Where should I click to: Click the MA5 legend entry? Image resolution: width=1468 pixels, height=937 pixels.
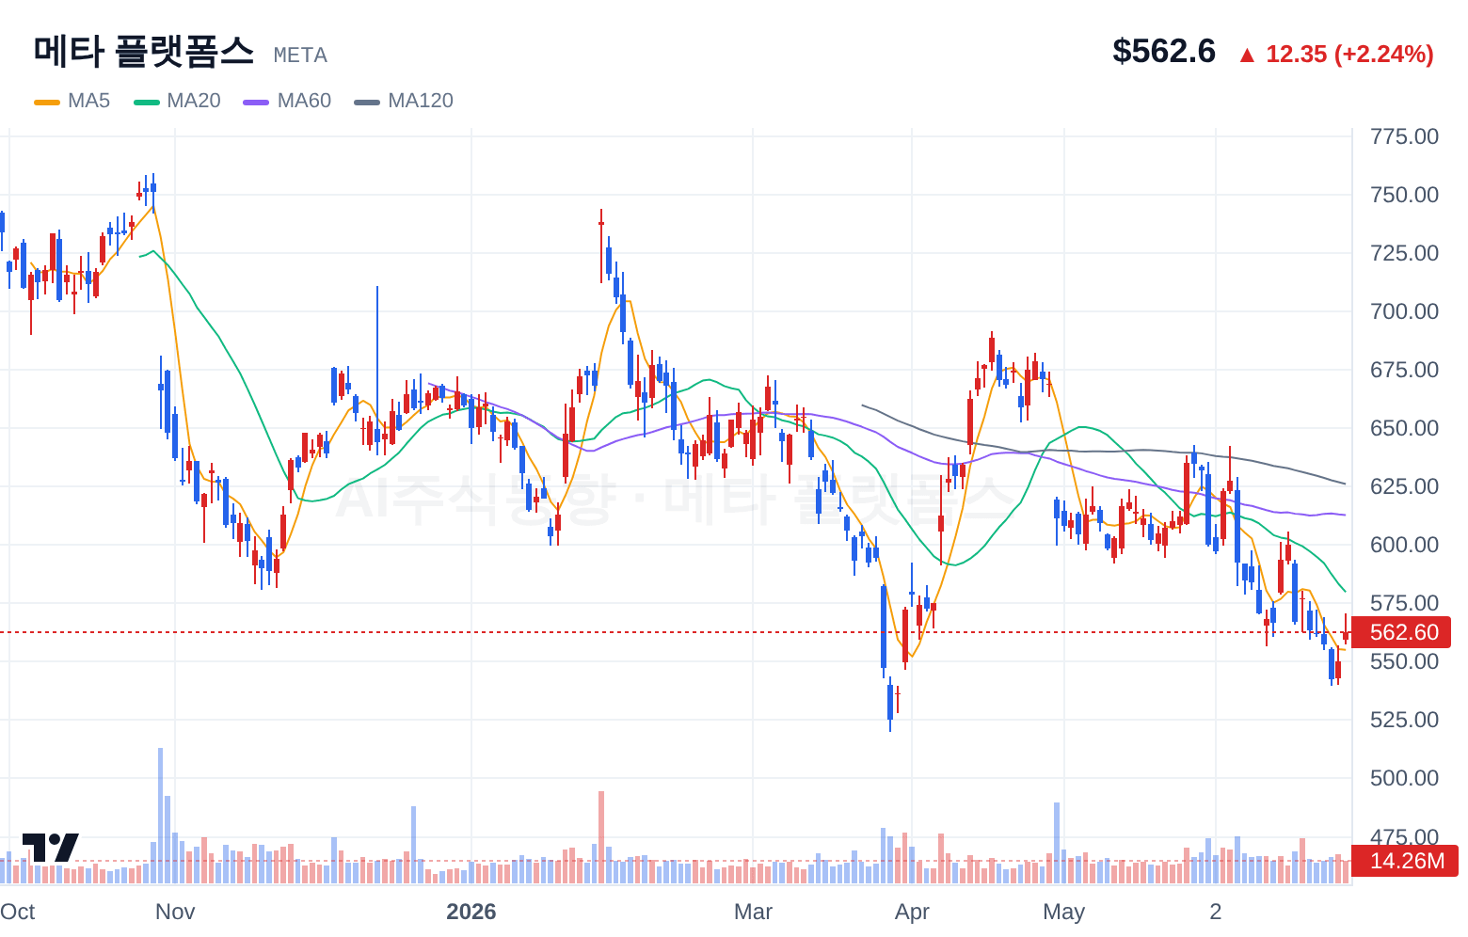tap(72, 101)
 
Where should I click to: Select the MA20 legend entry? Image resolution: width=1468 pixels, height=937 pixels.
tap(177, 101)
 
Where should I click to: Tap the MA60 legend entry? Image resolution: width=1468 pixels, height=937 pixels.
tap(287, 101)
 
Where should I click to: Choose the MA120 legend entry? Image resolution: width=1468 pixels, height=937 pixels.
tap(404, 101)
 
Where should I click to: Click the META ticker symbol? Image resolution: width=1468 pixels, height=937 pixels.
tap(300, 56)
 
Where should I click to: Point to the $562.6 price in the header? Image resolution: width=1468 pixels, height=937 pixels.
tap(1164, 51)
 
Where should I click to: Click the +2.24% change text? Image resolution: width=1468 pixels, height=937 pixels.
tap(1384, 54)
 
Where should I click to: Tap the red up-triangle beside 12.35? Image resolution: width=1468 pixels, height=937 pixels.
tap(1247, 56)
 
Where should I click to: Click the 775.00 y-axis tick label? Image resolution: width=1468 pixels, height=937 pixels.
tap(1404, 136)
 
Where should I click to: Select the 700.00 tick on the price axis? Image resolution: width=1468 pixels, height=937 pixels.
tap(1404, 311)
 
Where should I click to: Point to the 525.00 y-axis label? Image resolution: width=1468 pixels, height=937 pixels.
tap(1404, 720)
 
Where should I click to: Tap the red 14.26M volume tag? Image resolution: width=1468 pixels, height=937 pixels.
tap(1405, 861)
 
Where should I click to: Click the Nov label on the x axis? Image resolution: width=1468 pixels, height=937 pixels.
tap(175, 912)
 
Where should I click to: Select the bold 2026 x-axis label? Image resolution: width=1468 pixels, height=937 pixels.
tap(471, 912)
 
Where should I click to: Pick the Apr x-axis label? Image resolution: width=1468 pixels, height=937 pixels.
tap(912, 912)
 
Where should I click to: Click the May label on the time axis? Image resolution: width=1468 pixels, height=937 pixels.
tap(1063, 912)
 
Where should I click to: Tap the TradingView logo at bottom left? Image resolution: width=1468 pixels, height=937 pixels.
tap(51, 848)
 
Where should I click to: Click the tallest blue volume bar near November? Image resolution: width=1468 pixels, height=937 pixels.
tap(161, 816)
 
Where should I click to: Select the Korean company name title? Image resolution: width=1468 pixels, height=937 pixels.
tap(144, 52)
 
